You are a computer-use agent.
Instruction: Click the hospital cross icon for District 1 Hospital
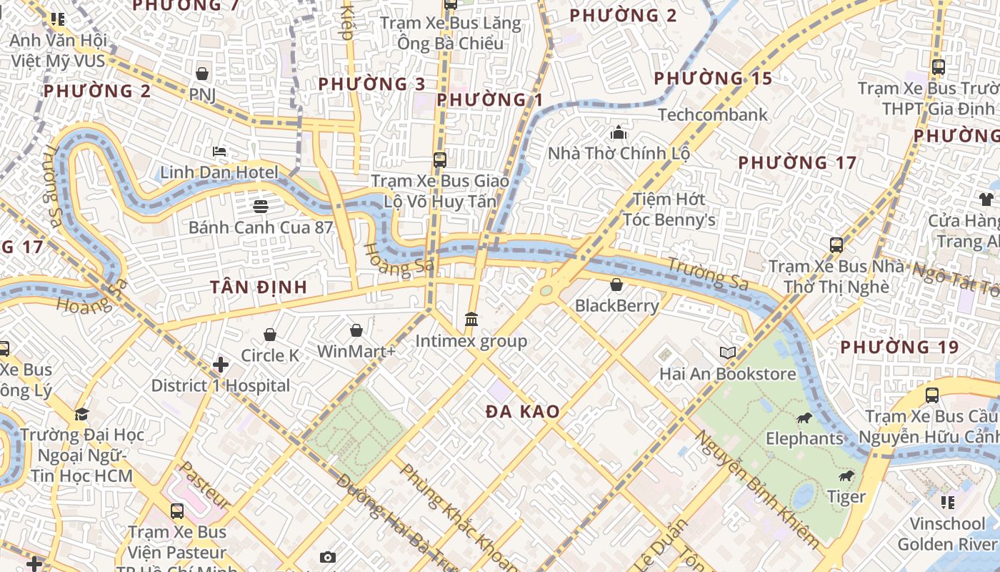221,365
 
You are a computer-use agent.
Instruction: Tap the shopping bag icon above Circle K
270,335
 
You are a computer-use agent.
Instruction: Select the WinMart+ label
356,351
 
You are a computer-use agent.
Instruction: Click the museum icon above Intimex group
471,320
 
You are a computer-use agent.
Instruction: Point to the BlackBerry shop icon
616,285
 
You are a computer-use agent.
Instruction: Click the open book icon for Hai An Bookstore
728,352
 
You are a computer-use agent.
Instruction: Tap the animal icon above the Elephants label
804,418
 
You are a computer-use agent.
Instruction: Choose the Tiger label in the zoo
846,496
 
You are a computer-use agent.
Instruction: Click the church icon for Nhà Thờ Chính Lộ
619,133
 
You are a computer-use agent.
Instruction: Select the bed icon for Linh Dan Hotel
220,152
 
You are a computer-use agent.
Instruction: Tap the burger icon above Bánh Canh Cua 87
261,207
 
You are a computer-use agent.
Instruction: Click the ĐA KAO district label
522,412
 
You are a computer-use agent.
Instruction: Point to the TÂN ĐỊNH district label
259,287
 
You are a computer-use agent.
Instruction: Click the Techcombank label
712,114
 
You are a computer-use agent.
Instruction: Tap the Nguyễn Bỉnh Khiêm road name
757,490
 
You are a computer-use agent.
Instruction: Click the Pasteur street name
204,485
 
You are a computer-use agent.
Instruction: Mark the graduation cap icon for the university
81,414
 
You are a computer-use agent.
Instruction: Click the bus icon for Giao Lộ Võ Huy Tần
440,160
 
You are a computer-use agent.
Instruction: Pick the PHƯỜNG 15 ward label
713,78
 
